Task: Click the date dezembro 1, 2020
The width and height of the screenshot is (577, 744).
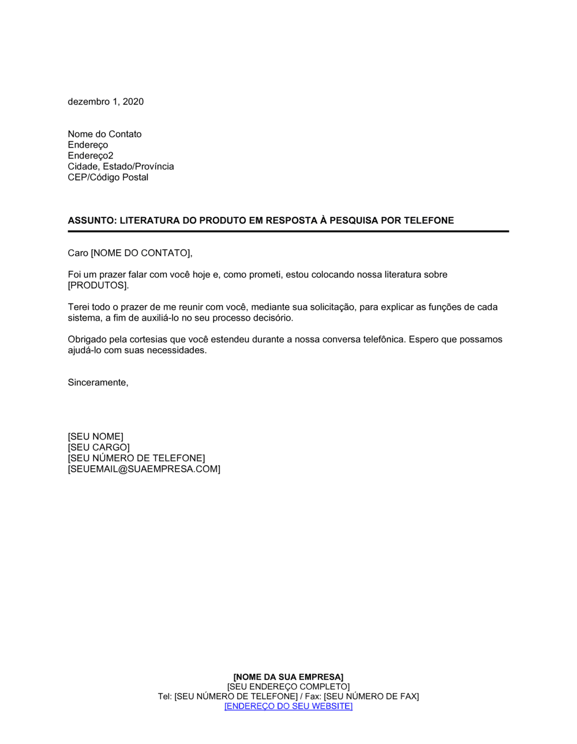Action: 106,102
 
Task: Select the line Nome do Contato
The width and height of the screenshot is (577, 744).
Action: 104,134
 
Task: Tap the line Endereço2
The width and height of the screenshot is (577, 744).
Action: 91,156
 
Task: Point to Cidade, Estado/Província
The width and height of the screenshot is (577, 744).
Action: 121,167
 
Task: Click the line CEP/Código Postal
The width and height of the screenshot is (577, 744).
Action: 108,178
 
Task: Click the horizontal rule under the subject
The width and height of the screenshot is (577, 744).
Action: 288,231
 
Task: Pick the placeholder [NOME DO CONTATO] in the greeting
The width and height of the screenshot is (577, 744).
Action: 141,253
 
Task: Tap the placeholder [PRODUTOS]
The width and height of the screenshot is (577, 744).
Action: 98,285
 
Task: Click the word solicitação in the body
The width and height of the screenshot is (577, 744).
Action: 327,307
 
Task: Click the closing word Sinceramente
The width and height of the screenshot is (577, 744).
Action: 98,382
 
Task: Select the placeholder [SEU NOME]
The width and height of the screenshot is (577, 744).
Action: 96,437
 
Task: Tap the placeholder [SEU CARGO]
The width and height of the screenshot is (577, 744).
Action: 99,448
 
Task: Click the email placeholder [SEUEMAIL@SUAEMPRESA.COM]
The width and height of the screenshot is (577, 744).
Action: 144,469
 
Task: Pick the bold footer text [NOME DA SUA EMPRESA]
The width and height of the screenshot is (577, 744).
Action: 288,677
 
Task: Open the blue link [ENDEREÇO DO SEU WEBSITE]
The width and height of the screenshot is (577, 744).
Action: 288,707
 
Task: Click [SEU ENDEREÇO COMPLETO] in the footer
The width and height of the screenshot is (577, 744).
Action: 288,687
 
